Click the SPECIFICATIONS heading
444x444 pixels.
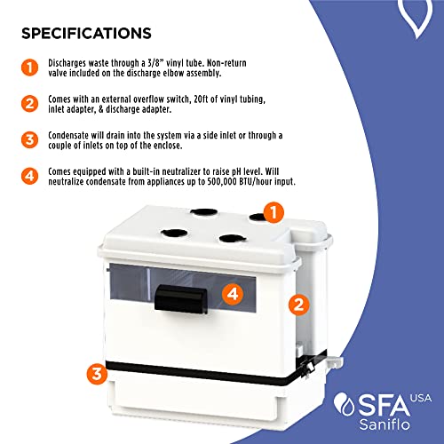tap(86, 33)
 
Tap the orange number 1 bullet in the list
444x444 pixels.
tap(29, 67)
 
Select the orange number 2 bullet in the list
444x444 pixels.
tap(29, 104)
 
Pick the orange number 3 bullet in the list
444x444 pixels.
tap(29, 139)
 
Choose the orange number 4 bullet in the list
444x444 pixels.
tap(29, 176)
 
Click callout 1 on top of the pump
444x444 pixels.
tap(274, 212)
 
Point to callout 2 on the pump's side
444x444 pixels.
tap(299, 305)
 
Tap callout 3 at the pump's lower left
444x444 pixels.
tap(97, 374)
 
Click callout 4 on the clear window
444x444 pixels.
tap(233, 294)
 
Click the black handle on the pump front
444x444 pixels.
tap(181, 299)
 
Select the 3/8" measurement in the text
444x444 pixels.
tap(156, 63)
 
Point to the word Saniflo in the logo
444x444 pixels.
tap(385, 424)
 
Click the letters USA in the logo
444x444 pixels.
tap(421, 398)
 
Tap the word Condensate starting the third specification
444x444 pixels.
tap(68, 135)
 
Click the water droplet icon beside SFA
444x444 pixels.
tap(343, 404)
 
